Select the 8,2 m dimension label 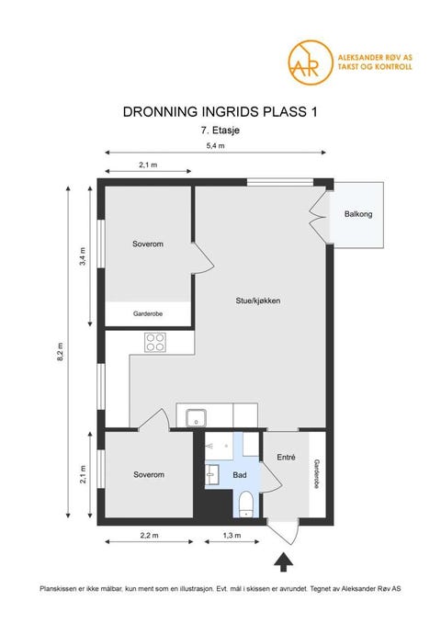(x=62, y=349)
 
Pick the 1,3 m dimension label (x=232, y=534)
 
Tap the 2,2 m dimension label (x=148, y=534)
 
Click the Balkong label (x=358, y=215)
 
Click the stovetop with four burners (x=155, y=342)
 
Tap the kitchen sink (x=195, y=418)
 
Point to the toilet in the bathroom (x=245, y=504)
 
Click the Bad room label (x=240, y=475)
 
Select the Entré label (x=285, y=457)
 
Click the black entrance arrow (x=284, y=560)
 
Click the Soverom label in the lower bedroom (x=148, y=474)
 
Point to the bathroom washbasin (x=211, y=474)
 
